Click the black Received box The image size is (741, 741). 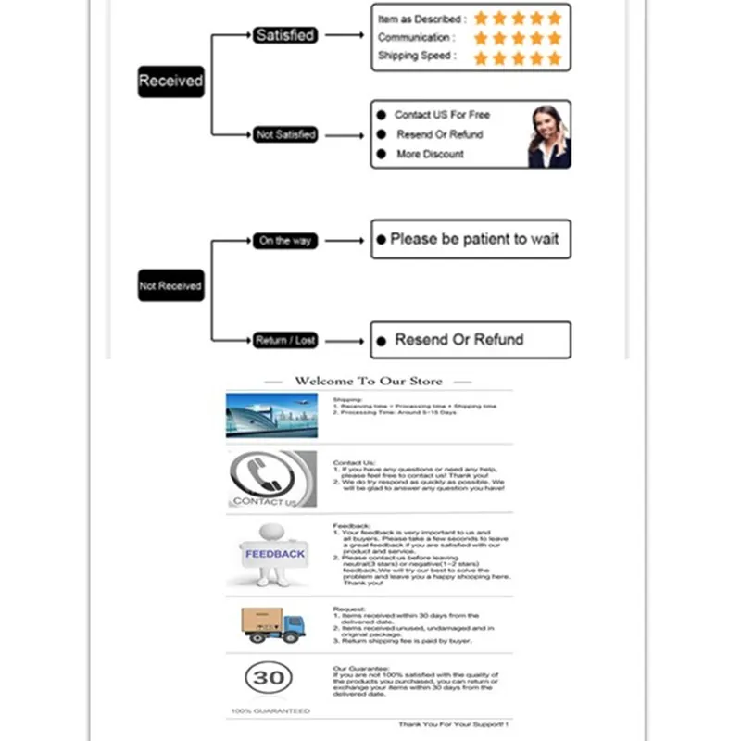[170, 81]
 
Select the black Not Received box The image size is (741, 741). [170, 286]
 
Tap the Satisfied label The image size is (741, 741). [285, 35]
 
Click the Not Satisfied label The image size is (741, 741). [285, 134]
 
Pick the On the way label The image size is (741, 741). [285, 241]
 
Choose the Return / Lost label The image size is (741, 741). [285, 341]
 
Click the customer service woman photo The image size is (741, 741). [547, 135]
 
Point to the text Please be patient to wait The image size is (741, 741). [474, 239]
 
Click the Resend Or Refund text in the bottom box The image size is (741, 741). [459, 339]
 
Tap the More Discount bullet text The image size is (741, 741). [430, 154]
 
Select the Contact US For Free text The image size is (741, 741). [442, 115]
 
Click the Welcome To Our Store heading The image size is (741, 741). [369, 381]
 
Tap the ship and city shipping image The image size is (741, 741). [271, 414]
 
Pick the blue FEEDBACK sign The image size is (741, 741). [274, 554]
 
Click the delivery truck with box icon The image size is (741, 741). [272, 624]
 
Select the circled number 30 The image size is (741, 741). [269, 678]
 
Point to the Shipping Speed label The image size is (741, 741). [416, 56]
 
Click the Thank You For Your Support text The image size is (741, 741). [453, 723]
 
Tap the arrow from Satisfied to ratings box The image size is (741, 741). [344, 35]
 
